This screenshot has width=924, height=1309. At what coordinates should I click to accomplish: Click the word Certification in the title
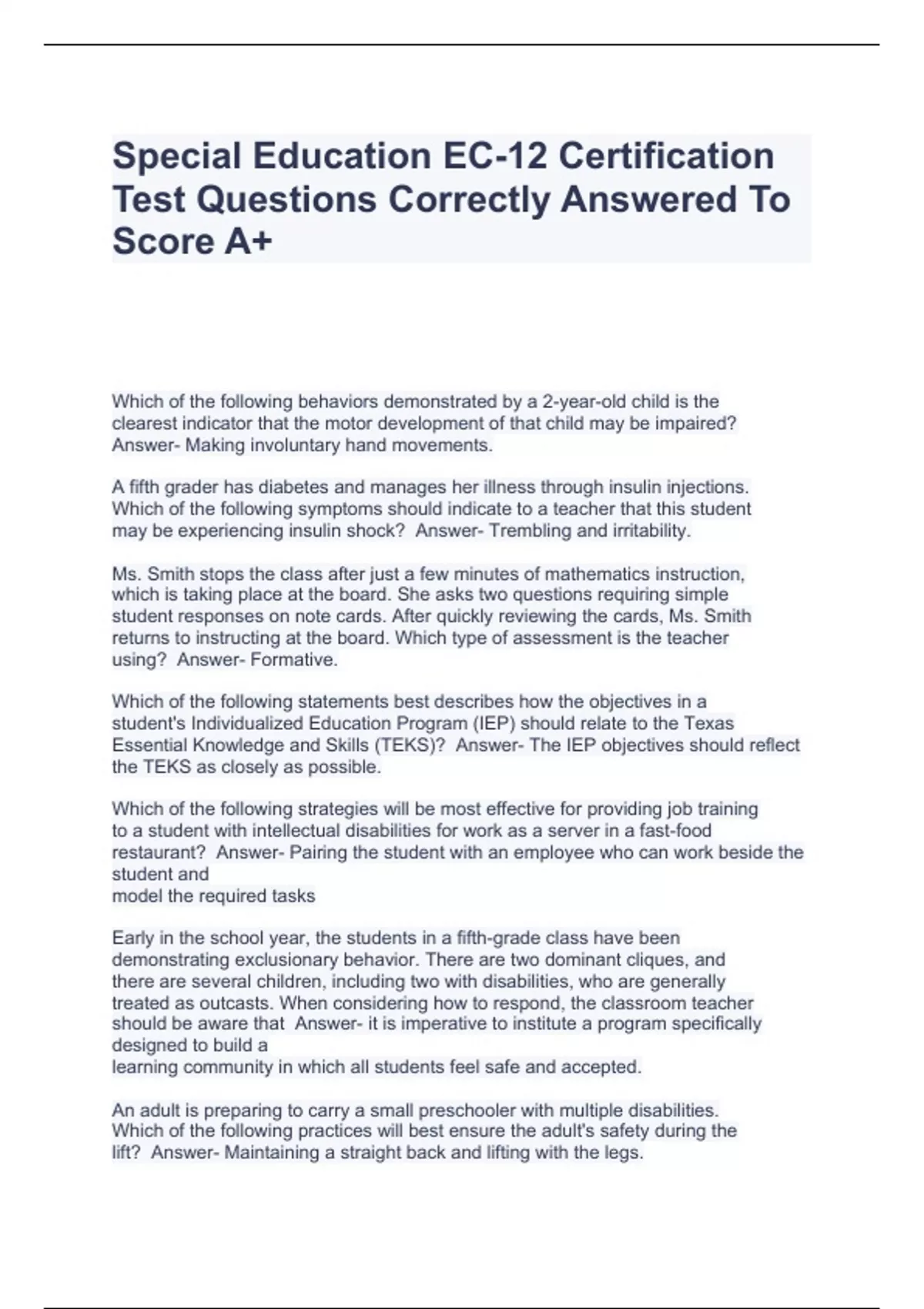666,156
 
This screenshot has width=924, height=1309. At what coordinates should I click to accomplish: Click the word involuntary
290,445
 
